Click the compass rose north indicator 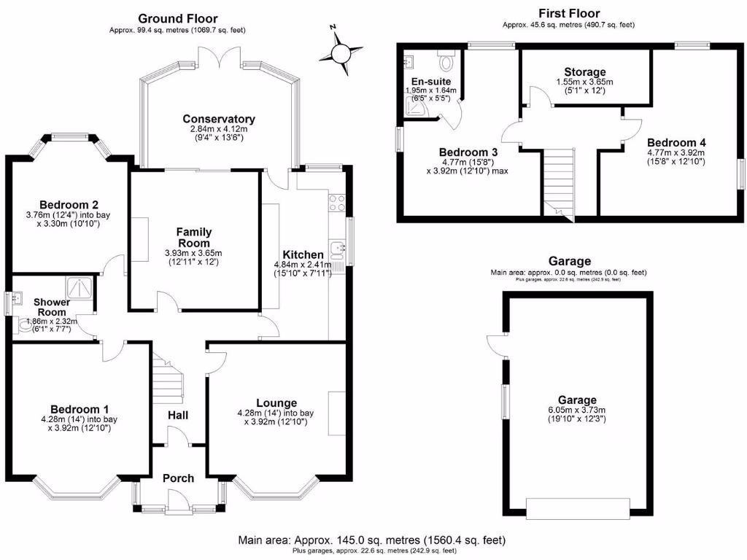pyautogui.click(x=341, y=50)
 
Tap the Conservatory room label pyautogui.click(x=219, y=119)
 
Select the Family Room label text pyautogui.click(x=193, y=238)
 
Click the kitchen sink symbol pyautogui.click(x=338, y=252)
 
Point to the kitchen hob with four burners pyautogui.click(x=336, y=203)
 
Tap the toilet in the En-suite pyautogui.click(x=446, y=54)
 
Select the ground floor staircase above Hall pyautogui.click(x=168, y=379)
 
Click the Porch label pyautogui.click(x=178, y=478)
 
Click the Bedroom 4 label pyautogui.click(x=676, y=142)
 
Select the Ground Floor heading pyautogui.click(x=177, y=18)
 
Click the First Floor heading pyautogui.click(x=568, y=13)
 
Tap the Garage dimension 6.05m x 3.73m pyautogui.click(x=577, y=410)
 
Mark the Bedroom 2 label pyautogui.click(x=69, y=204)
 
